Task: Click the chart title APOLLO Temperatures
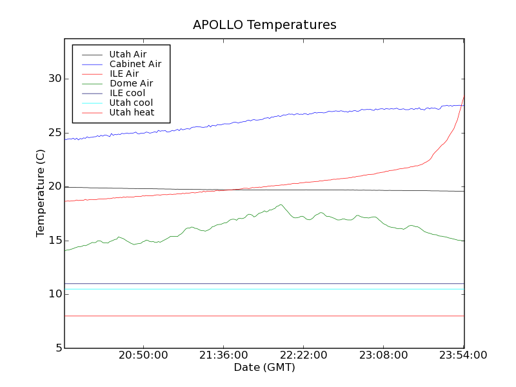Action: tap(264, 25)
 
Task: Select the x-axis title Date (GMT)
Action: tap(264, 367)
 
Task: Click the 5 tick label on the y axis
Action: tap(57, 348)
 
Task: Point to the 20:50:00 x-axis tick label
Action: tap(144, 355)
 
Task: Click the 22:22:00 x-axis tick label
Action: tap(304, 355)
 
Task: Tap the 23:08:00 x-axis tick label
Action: tap(384, 355)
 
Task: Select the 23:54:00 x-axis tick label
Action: tap(463, 355)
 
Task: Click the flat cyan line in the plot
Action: tap(258, 289)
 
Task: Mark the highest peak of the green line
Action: tap(281, 205)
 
